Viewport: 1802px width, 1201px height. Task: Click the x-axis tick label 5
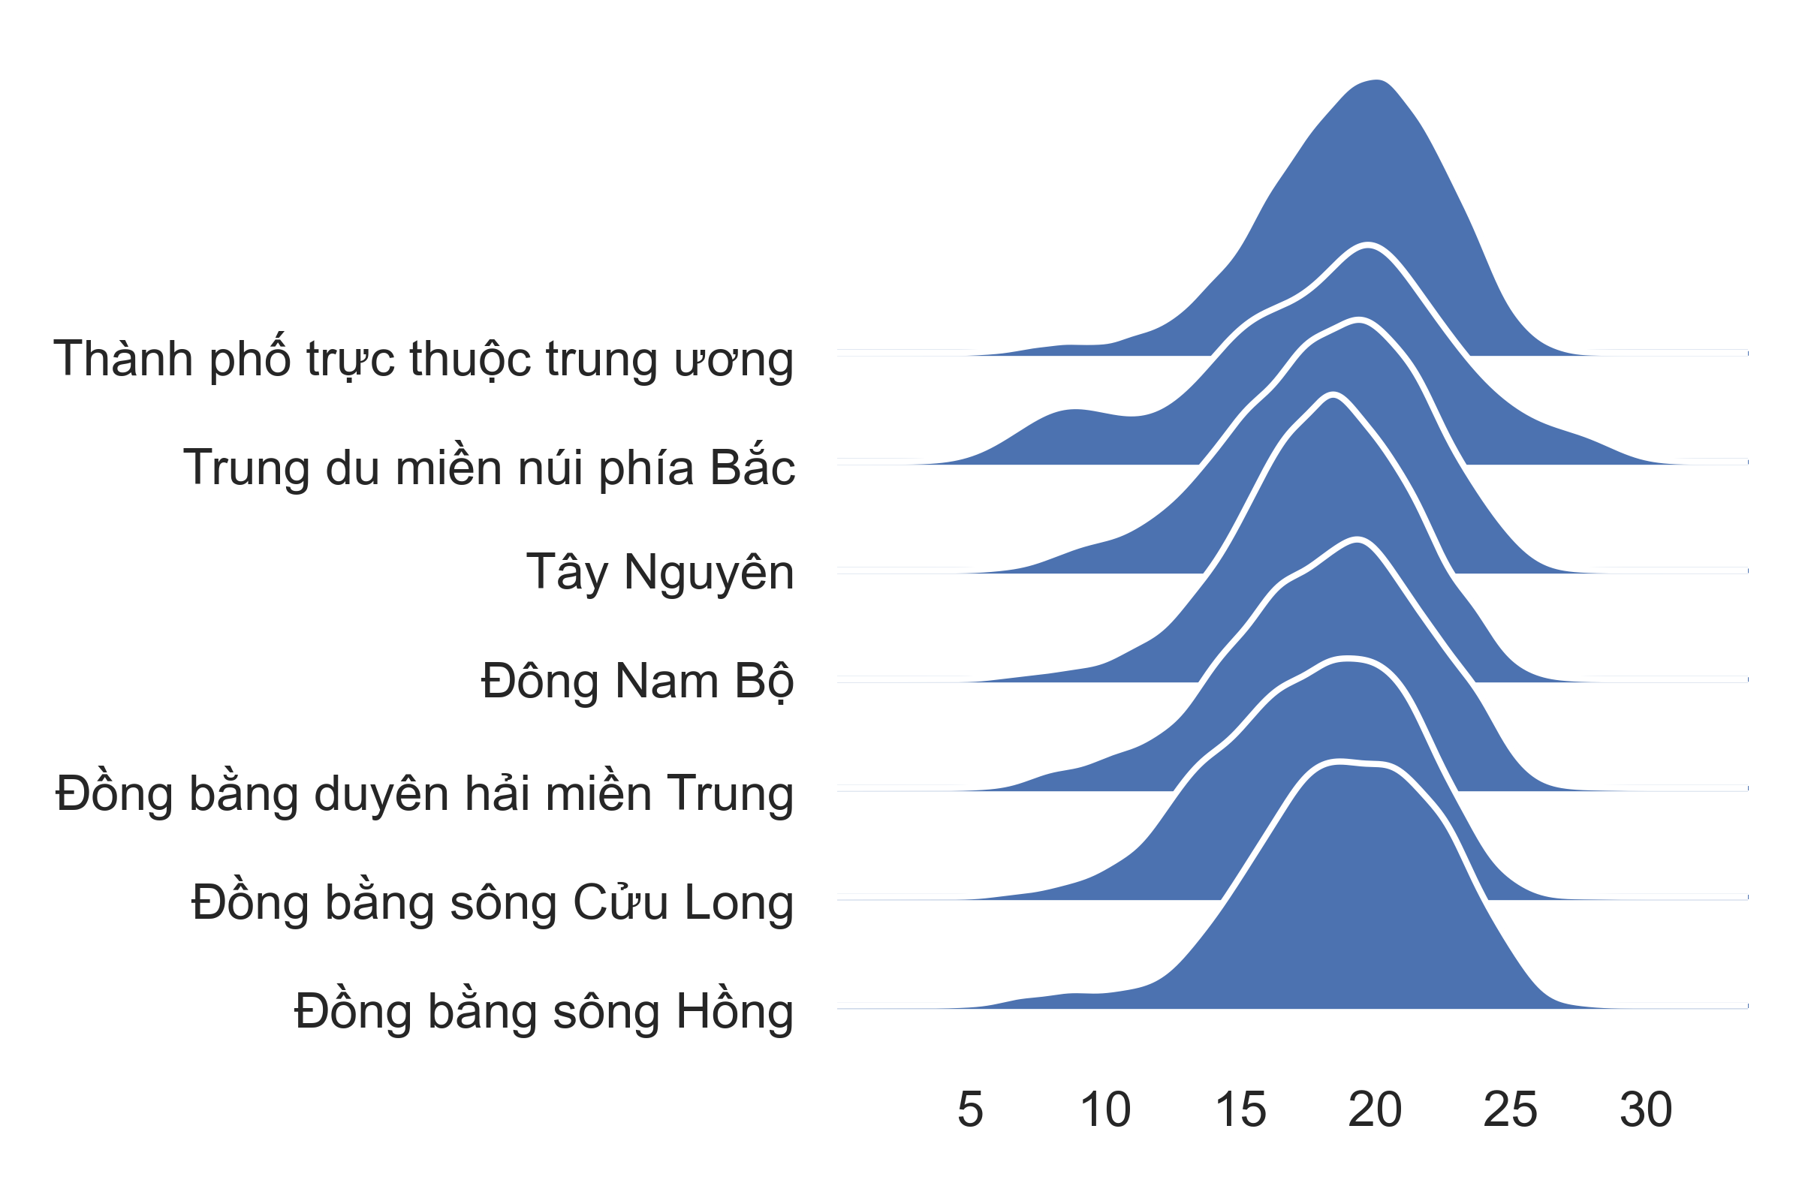pyautogui.click(x=970, y=1109)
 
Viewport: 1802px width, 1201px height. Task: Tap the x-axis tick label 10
pyautogui.click(x=1104, y=1109)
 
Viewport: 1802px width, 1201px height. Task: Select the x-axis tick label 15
pyautogui.click(x=1240, y=1109)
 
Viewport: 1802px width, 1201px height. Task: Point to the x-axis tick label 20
pyautogui.click(x=1376, y=1109)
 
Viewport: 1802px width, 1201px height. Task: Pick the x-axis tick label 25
pyautogui.click(x=1510, y=1109)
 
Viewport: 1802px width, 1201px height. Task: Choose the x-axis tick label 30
pyautogui.click(x=1646, y=1109)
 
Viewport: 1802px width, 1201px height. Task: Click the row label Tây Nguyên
pyautogui.click(x=660, y=573)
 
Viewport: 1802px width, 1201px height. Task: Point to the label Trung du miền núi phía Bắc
pyautogui.click(x=489, y=466)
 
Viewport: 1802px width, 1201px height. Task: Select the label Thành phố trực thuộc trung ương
pyautogui.click(x=423, y=359)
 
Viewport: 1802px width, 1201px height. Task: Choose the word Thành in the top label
pyautogui.click(x=123, y=359)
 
